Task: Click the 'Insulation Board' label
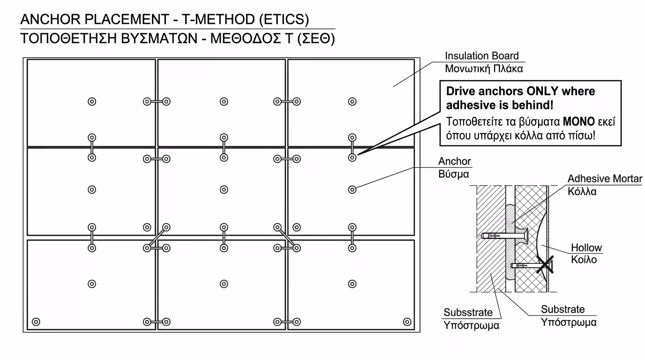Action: coord(482,56)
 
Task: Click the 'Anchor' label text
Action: coord(454,161)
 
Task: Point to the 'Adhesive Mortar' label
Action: coord(605,179)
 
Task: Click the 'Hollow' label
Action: coord(586,248)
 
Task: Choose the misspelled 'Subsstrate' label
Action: coord(468,312)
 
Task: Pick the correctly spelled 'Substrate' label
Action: coord(562,309)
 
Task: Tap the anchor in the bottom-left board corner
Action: coord(36,322)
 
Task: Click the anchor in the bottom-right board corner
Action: coord(407,322)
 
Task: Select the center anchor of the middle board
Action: coord(224,189)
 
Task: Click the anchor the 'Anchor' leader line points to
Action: coord(352,189)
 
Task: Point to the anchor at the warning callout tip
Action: coord(352,157)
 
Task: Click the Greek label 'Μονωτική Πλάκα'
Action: coord(484,68)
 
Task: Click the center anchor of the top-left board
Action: coord(92,101)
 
